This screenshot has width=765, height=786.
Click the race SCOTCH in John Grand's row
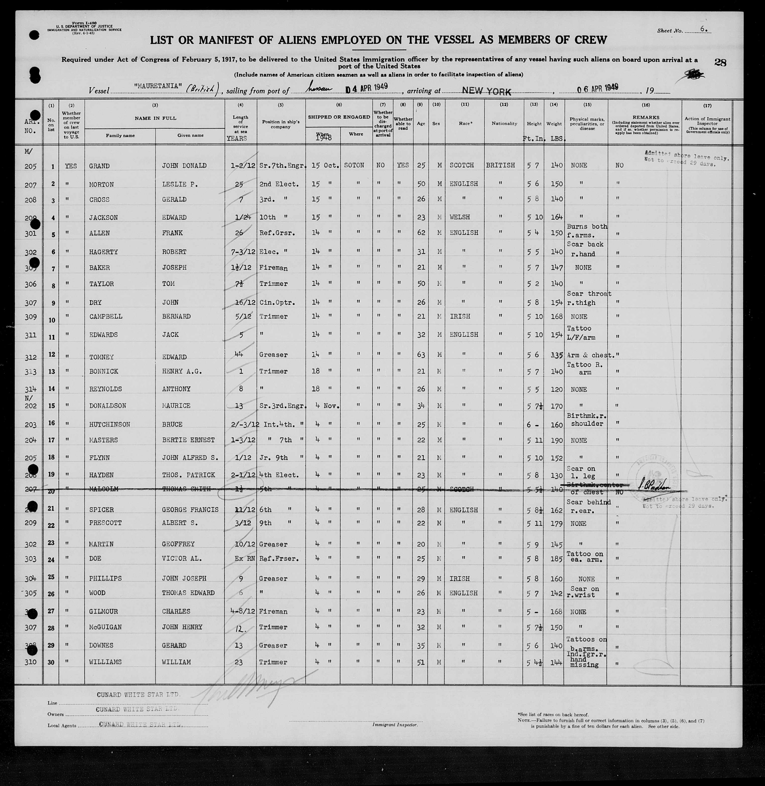[x=462, y=165]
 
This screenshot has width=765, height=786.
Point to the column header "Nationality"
[x=504, y=123]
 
